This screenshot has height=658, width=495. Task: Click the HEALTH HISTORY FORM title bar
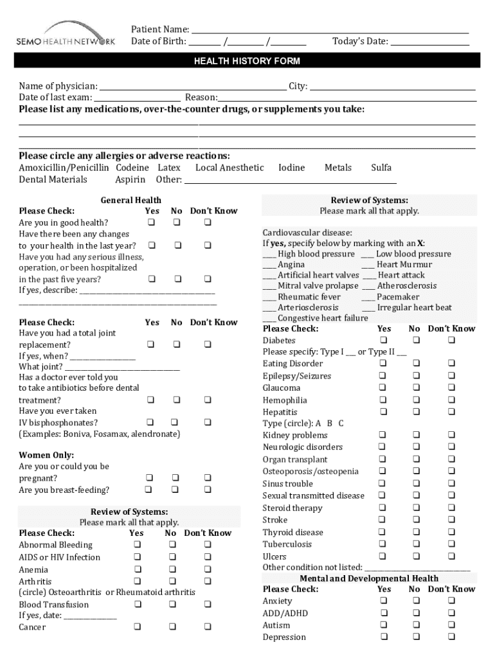click(x=248, y=61)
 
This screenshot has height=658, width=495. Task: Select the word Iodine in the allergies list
click(x=291, y=168)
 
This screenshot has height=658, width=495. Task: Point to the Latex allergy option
click(x=169, y=168)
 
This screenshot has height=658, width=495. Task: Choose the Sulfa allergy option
click(x=381, y=168)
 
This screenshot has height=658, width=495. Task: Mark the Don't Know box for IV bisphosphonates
click(x=208, y=423)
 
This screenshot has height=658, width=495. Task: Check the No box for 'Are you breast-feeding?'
click(x=174, y=490)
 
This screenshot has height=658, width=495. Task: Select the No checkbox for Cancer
click(x=172, y=627)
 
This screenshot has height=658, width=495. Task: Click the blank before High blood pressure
click(x=269, y=254)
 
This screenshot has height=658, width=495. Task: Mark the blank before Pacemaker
click(x=368, y=298)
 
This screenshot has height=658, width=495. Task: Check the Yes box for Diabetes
click(x=383, y=340)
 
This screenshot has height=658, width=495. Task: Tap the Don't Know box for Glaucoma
click(x=451, y=388)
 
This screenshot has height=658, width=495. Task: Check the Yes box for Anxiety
click(x=383, y=601)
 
